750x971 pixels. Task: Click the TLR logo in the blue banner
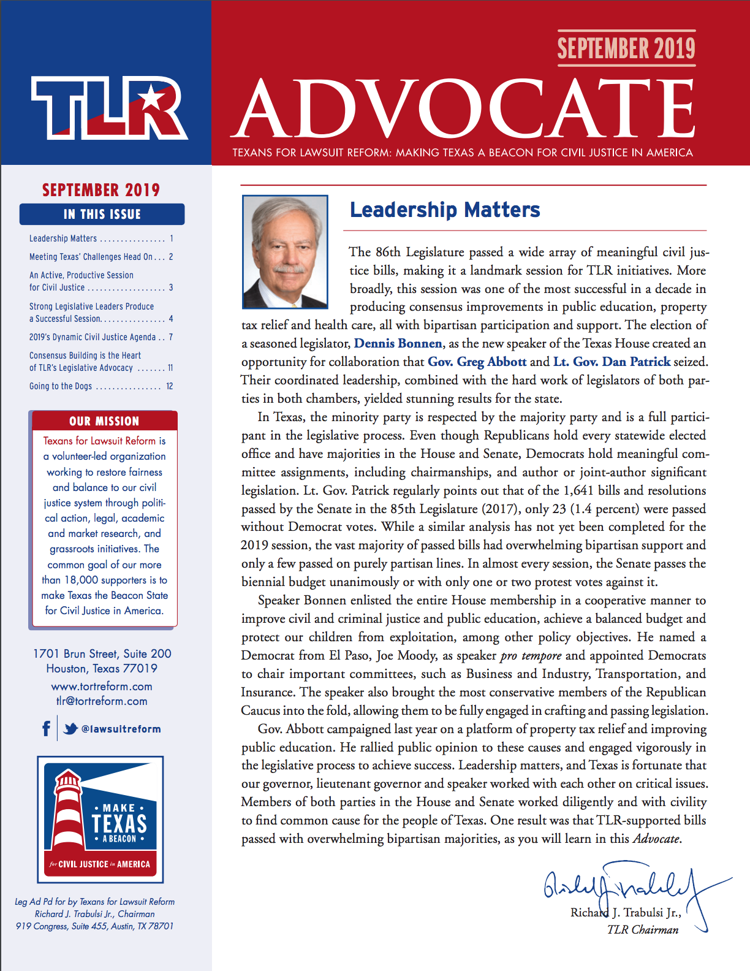[x=109, y=108]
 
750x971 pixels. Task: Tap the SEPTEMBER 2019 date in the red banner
[x=626, y=48]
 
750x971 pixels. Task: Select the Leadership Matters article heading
[x=445, y=210]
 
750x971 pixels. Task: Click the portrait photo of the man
[x=285, y=251]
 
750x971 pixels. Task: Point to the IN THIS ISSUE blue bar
[x=102, y=214]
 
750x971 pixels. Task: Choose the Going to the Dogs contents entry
[x=61, y=386]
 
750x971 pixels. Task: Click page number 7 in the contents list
[x=171, y=337]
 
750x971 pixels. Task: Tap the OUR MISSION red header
[x=104, y=421]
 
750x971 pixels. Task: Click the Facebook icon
[x=46, y=728]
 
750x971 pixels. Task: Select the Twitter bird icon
[x=70, y=728]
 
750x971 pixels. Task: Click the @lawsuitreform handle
[x=121, y=729]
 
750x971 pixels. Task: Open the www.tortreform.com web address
[x=102, y=687]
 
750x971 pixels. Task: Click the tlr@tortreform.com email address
[x=102, y=701]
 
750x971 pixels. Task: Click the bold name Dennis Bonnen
[x=398, y=344]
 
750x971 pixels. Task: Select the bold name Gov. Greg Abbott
[x=477, y=362]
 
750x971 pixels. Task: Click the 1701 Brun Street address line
[x=102, y=654]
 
